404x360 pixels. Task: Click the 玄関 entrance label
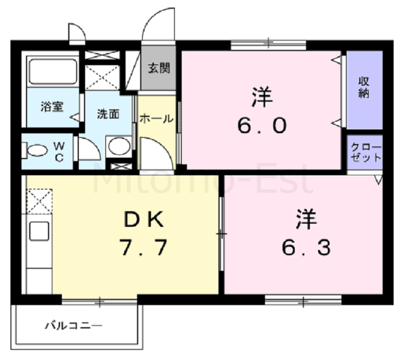[x=158, y=68]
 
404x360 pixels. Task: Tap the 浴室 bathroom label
[x=52, y=107]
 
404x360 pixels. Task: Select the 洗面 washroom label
[x=108, y=114]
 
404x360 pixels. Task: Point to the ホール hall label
[x=157, y=119]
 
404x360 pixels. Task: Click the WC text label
[x=59, y=152]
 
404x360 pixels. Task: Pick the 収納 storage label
[x=364, y=87]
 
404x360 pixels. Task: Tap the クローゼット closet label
[x=366, y=152]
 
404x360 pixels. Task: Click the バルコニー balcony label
[x=74, y=326]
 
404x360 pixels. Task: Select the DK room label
[x=144, y=219]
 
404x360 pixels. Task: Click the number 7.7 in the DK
[x=143, y=248]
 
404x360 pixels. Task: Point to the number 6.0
[x=262, y=126]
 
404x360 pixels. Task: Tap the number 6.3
[x=306, y=248]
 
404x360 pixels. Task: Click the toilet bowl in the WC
[x=35, y=150]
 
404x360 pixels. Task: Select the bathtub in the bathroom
[x=52, y=71]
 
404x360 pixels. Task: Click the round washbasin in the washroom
[x=119, y=146]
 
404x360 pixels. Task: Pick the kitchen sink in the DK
[x=39, y=231]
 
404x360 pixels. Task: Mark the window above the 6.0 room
[x=268, y=45]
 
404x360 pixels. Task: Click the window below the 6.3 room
[x=303, y=300]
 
